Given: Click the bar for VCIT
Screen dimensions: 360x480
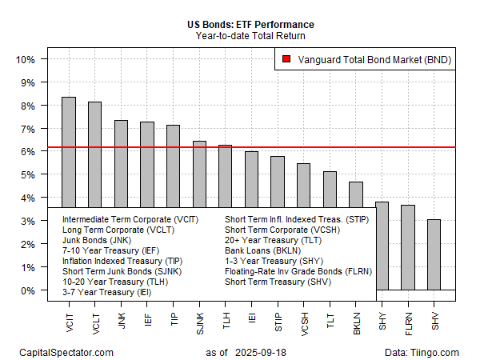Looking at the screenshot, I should (69, 152).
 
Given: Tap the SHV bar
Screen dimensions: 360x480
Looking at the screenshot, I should (434, 254).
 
